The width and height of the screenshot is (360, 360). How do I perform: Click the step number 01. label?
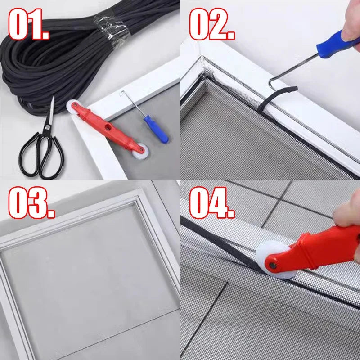[x=29, y=24]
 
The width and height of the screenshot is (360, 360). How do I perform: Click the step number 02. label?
[x=212, y=24]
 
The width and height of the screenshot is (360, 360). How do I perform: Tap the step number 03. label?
[x=31, y=202]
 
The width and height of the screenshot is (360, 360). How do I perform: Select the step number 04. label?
[x=212, y=202]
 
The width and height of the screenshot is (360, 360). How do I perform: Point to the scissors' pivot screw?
[x=47, y=127]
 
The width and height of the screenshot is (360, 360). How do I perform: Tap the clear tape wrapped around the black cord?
[x=112, y=29]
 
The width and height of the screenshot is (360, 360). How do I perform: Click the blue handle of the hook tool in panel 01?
[x=156, y=129]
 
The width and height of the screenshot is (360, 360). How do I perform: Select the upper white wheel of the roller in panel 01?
[x=72, y=106]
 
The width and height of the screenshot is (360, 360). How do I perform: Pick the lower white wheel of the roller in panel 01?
[x=141, y=152]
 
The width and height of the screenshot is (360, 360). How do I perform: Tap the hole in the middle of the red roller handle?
[x=107, y=127]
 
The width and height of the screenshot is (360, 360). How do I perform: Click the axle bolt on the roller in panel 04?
[x=273, y=265]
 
